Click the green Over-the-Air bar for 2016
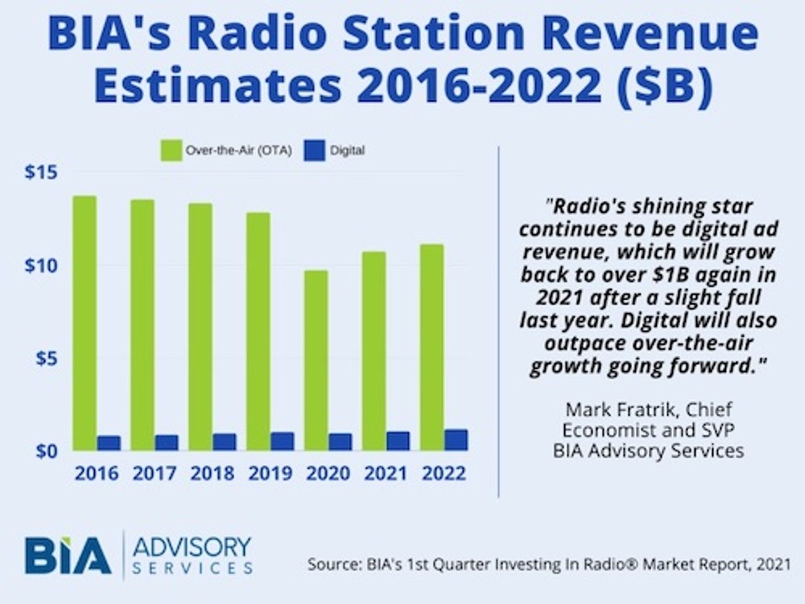point(85,323)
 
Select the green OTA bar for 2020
point(316,360)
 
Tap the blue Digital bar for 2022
point(456,440)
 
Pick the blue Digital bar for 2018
point(225,442)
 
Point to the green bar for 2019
point(258,332)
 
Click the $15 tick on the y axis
point(41,172)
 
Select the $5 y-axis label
point(46,358)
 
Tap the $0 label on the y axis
point(46,451)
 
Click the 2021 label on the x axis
point(386,473)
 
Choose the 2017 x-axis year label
point(154,473)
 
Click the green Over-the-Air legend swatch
point(171,151)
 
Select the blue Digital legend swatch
point(315,151)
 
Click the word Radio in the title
point(256,32)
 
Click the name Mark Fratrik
point(620,409)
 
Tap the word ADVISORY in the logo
point(192,548)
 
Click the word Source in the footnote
point(333,564)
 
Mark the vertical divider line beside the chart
point(498,322)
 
